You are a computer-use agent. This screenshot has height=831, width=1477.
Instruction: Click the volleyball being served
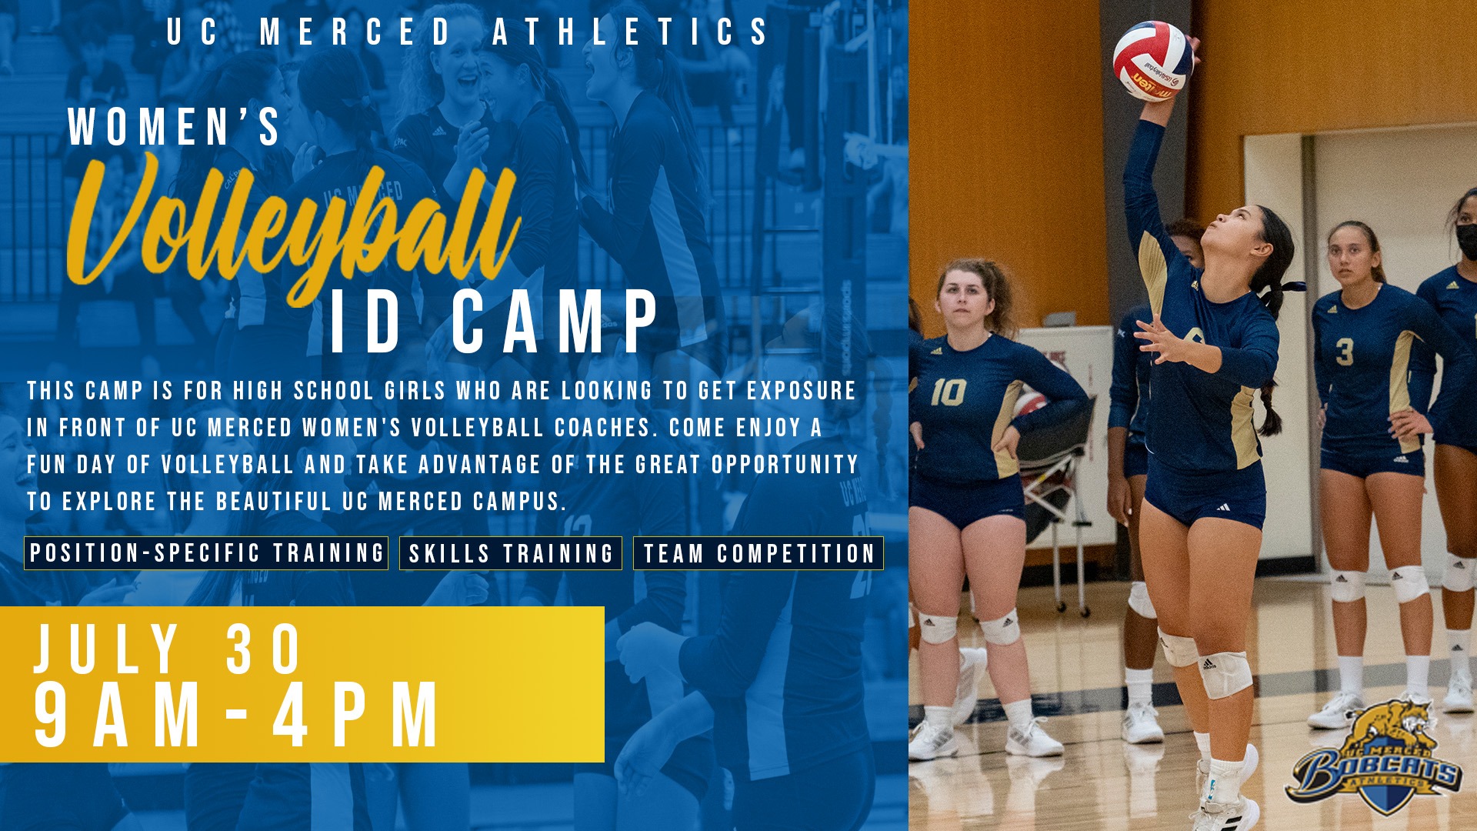point(1152,61)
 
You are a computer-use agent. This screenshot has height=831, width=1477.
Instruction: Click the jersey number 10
point(948,392)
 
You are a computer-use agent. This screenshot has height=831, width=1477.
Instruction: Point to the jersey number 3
point(1344,352)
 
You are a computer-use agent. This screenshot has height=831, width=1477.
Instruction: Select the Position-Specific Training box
point(206,553)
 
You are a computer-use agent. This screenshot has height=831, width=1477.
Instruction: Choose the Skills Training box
point(511,553)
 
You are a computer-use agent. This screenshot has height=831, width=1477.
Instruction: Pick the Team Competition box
point(759,553)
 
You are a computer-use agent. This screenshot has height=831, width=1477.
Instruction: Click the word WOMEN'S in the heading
point(175,127)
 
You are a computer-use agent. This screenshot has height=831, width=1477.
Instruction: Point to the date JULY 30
point(168,650)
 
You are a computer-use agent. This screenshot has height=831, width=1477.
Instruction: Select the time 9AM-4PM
point(237,716)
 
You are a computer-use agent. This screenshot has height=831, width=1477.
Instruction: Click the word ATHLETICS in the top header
point(631,32)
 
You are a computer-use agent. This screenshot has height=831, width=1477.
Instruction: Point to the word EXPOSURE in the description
point(801,391)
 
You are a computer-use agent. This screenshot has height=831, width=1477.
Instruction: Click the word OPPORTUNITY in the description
point(785,465)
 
